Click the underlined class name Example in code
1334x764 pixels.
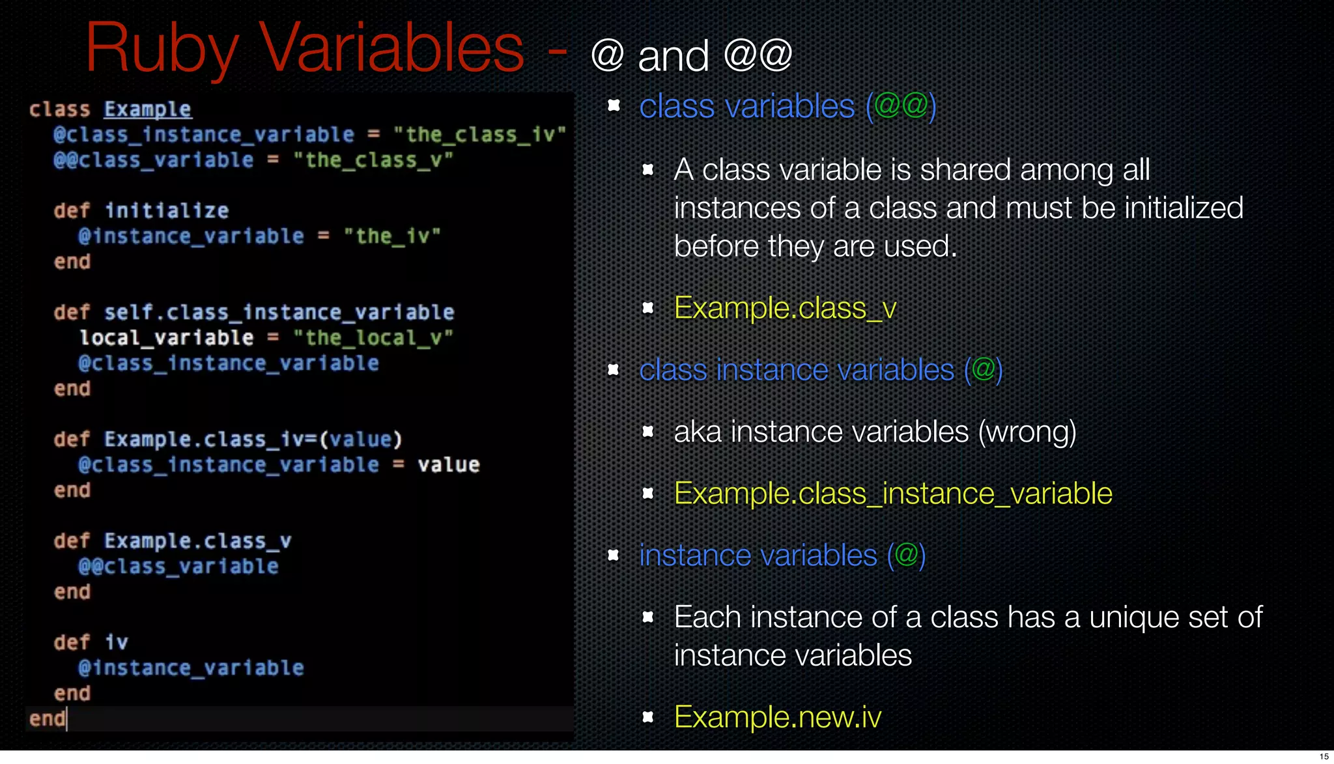147,109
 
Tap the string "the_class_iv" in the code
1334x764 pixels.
479,135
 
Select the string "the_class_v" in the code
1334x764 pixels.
373,160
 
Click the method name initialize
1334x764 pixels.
167,210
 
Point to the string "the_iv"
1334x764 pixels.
392,236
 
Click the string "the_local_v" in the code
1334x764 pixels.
373,337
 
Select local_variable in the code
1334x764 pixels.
167,337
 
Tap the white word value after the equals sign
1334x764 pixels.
448,464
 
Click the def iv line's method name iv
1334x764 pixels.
117,642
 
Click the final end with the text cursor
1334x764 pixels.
48,718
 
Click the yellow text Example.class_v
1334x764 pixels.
785,308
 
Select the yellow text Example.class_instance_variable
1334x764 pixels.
892,493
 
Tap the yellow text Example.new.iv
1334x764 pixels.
777,717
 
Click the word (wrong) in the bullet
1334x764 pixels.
1027,432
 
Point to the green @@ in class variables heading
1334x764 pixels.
901,105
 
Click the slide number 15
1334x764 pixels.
1324,756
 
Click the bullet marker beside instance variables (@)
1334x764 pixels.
613,555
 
